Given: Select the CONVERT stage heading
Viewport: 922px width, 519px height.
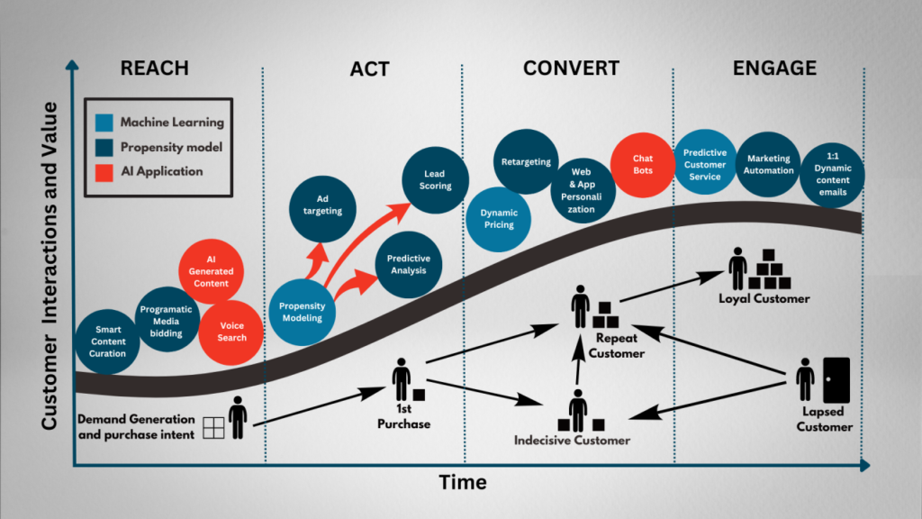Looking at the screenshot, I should pyautogui.click(x=571, y=68).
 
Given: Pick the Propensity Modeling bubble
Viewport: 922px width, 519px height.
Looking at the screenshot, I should pyautogui.click(x=302, y=312).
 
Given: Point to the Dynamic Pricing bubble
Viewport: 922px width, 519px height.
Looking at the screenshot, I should pyautogui.click(x=499, y=219).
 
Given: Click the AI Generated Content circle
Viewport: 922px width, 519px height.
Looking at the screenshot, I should pyautogui.click(x=211, y=271).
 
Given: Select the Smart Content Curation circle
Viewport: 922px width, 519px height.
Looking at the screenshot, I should pyautogui.click(x=107, y=341).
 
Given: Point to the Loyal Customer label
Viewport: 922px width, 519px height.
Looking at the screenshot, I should pyautogui.click(x=764, y=298).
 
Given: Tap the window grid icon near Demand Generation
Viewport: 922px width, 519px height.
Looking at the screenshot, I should pyautogui.click(x=213, y=427).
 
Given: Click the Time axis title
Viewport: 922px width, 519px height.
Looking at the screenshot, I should pyautogui.click(x=463, y=483).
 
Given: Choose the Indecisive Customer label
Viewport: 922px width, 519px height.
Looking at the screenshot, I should pyautogui.click(x=572, y=441).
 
